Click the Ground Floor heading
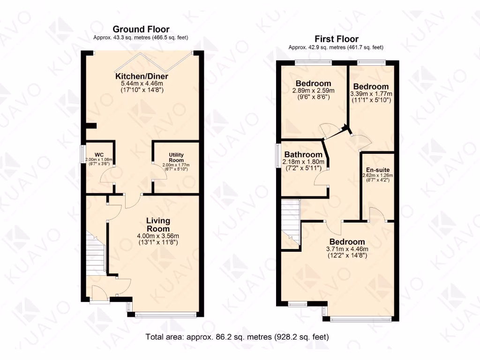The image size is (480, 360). [x=141, y=30]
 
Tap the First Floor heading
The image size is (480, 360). [x=336, y=39]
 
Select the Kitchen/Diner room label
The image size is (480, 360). [x=142, y=76]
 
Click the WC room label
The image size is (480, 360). [x=99, y=155]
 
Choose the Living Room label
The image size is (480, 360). [x=158, y=225]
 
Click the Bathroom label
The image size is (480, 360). [x=303, y=155]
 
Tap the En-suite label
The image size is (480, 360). [x=377, y=170]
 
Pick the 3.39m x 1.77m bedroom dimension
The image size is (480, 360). [x=371, y=93]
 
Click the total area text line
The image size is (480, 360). [x=237, y=337]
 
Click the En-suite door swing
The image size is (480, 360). [x=376, y=214]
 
